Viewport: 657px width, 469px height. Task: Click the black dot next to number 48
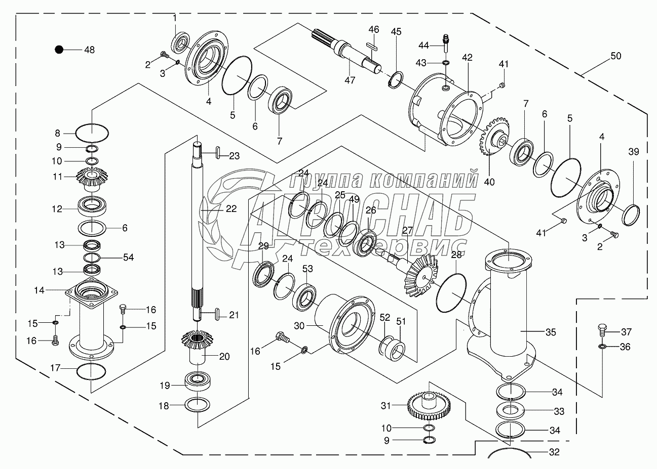coord(59,50)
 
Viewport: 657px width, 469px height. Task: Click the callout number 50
coord(615,56)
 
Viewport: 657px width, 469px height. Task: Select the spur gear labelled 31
coord(429,406)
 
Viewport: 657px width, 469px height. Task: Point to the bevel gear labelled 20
coord(197,347)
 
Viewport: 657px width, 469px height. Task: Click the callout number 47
coord(350,80)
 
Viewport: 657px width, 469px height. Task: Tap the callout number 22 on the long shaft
coord(231,208)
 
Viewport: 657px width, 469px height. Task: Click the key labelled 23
coord(218,152)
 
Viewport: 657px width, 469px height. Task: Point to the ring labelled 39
coord(631,216)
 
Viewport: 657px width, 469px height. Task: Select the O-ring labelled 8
coord(92,133)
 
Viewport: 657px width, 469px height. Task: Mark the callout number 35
coord(551,332)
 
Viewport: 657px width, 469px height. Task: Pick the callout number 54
coord(128,257)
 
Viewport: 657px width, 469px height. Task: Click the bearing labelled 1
coord(180,43)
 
